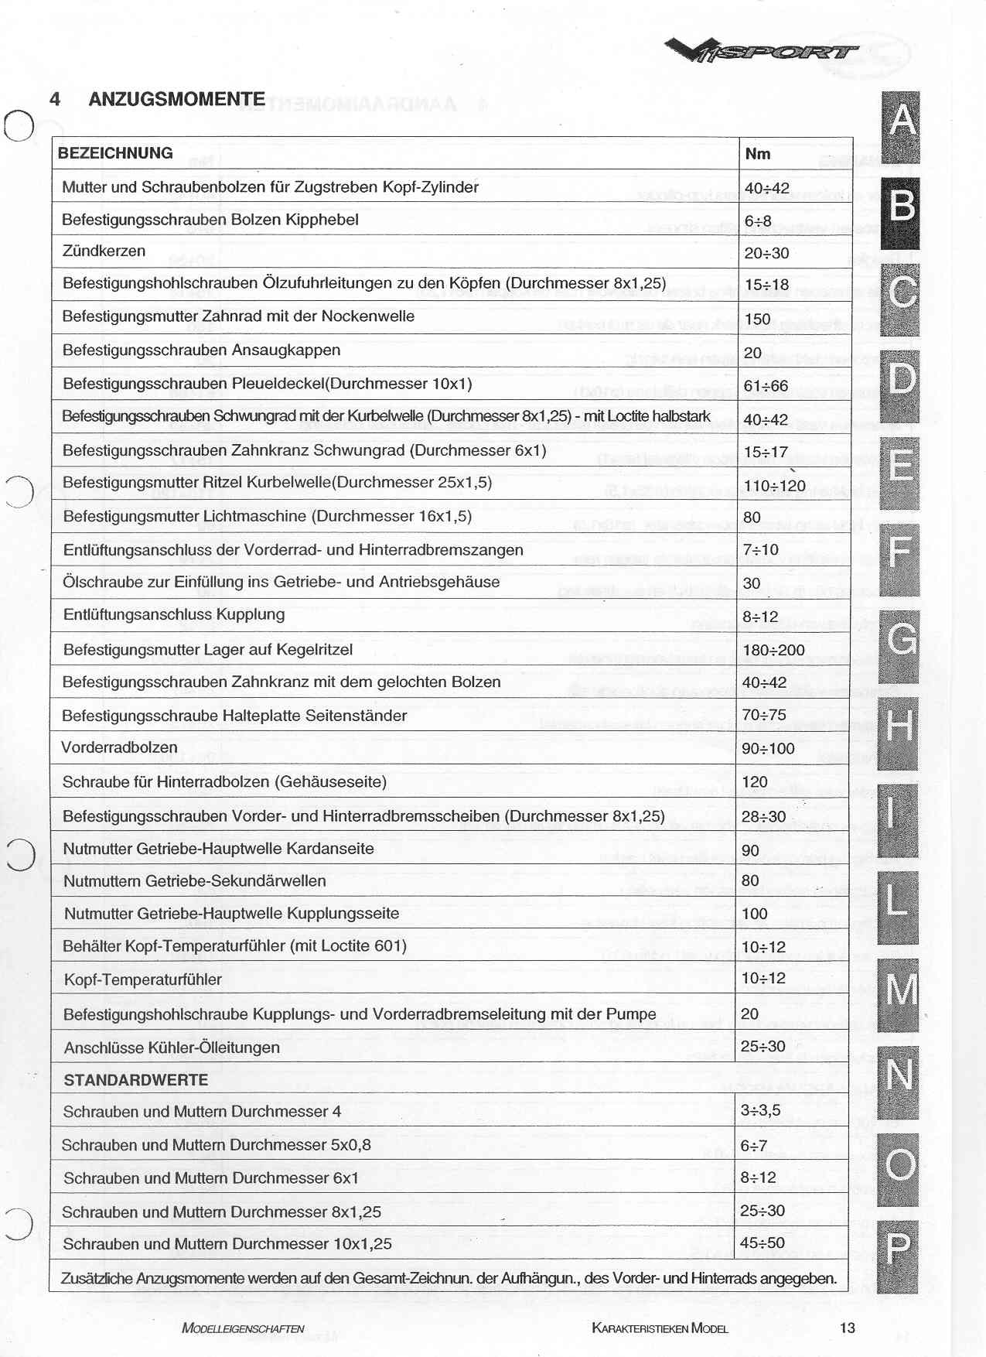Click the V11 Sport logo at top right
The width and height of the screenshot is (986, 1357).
point(761,52)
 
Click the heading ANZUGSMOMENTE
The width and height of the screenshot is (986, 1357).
point(176,99)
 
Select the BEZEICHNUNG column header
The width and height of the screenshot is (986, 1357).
point(115,153)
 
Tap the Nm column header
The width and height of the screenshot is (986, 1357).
point(758,154)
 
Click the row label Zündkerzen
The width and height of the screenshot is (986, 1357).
point(104,251)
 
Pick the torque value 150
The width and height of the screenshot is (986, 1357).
point(758,319)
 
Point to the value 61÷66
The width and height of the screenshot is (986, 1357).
point(766,386)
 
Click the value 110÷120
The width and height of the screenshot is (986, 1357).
point(774,486)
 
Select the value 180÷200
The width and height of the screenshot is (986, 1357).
point(773,650)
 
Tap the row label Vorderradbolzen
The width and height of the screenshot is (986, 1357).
point(120,748)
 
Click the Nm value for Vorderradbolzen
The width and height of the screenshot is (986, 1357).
point(768,749)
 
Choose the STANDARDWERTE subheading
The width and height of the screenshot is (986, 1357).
point(135,1080)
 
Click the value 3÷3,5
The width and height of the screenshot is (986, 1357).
point(760,1111)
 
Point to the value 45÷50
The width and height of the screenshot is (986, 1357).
point(762,1243)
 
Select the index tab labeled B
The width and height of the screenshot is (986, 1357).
point(900,207)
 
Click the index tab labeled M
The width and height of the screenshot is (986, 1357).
point(899,991)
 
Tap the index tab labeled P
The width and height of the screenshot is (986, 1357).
point(898,1252)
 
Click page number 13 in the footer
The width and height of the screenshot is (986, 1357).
point(847,1328)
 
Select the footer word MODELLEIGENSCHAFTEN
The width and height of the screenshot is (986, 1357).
point(243,1329)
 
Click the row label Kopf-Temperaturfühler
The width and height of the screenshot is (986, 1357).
point(143,980)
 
